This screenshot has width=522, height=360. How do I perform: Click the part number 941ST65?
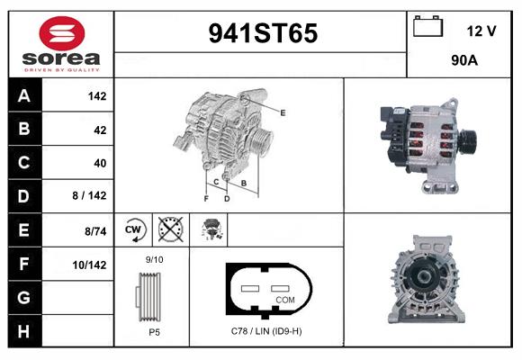[263, 33]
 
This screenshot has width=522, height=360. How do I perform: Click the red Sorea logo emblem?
[62, 33]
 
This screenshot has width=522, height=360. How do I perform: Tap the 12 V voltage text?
[481, 31]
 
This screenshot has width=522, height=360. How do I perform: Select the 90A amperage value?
[464, 60]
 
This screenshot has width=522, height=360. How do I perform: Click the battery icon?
[427, 26]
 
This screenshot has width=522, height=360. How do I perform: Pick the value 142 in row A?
[97, 96]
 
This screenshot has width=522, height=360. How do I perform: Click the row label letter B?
[24, 129]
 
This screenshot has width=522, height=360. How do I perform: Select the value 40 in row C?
[100, 163]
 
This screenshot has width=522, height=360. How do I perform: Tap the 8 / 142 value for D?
[90, 195]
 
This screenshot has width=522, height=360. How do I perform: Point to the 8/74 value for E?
[95, 231]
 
